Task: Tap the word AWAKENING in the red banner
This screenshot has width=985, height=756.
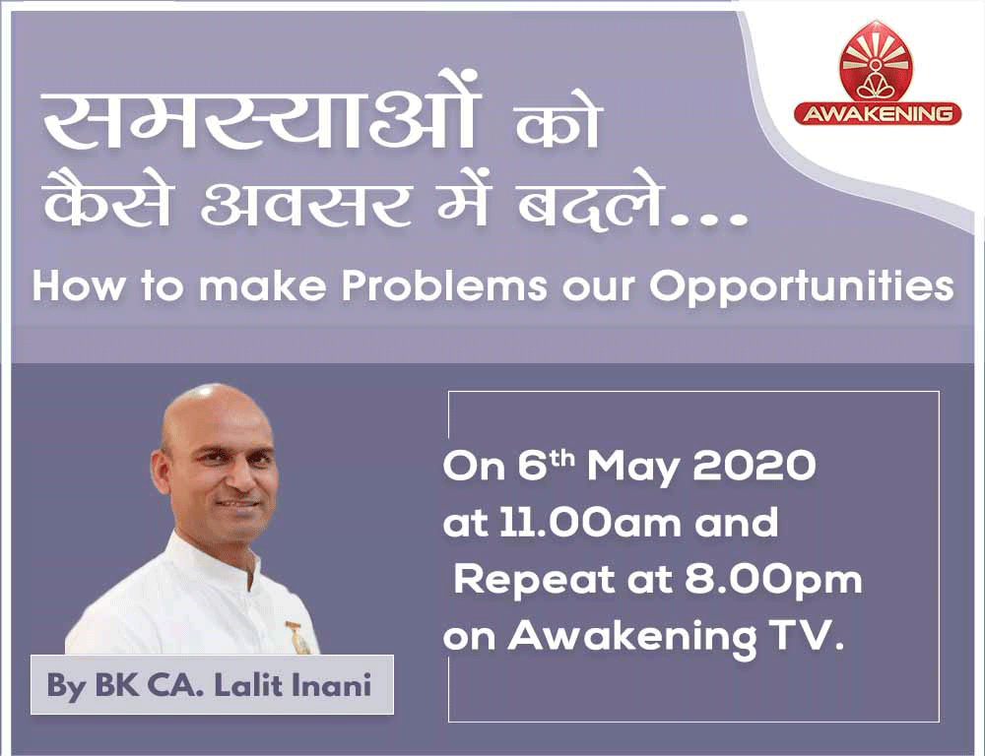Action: (878, 113)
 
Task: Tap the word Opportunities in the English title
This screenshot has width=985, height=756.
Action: (802, 287)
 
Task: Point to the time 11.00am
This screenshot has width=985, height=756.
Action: (590, 523)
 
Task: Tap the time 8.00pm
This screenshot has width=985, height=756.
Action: (773, 581)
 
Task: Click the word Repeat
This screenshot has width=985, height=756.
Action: (535, 581)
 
